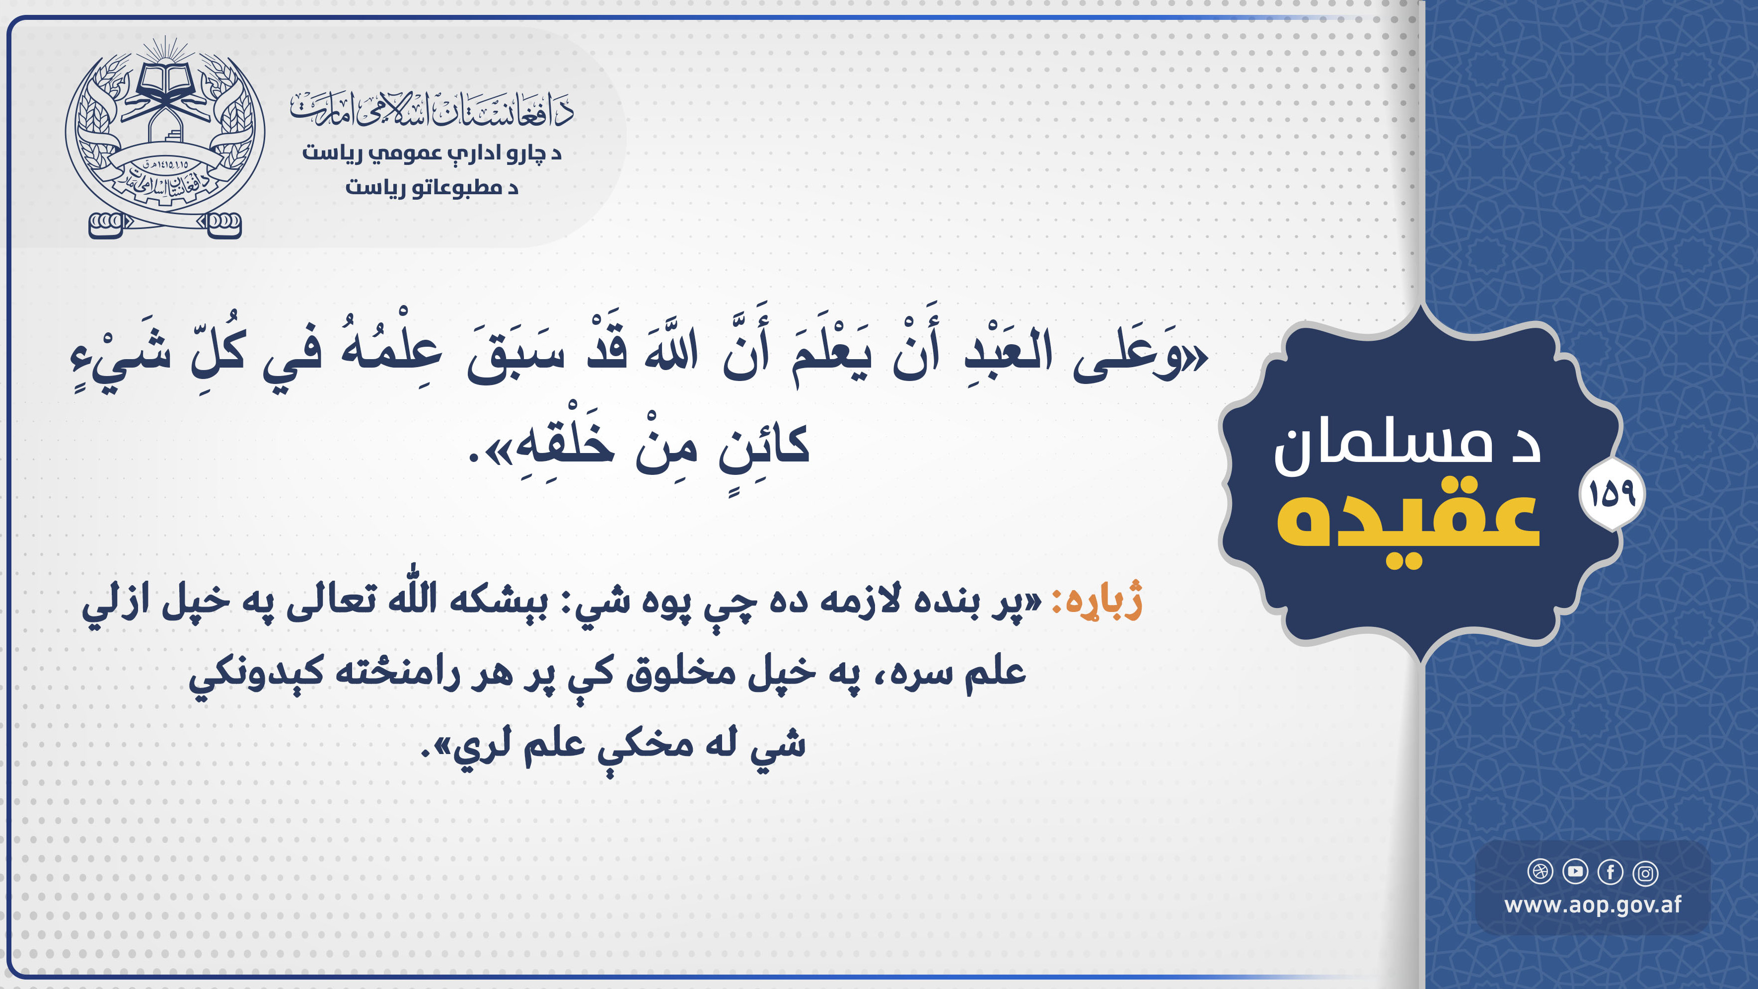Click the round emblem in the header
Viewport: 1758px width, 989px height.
pyautogui.click(x=165, y=137)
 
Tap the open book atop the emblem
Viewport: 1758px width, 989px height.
pyautogui.click(x=166, y=80)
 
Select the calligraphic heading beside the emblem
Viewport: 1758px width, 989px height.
pyautogui.click(x=432, y=109)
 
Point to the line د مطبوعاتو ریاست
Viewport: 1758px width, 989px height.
pyautogui.click(x=432, y=187)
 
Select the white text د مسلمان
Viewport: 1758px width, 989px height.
pyautogui.click(x=1407, y=447)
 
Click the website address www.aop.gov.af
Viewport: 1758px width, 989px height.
pyautogui.click(x=1593, y=905)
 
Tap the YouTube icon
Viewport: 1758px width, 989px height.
pyautogui.click(x=1575, y=872)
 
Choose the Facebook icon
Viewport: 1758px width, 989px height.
pyautogui.click(x=1611, y=872)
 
